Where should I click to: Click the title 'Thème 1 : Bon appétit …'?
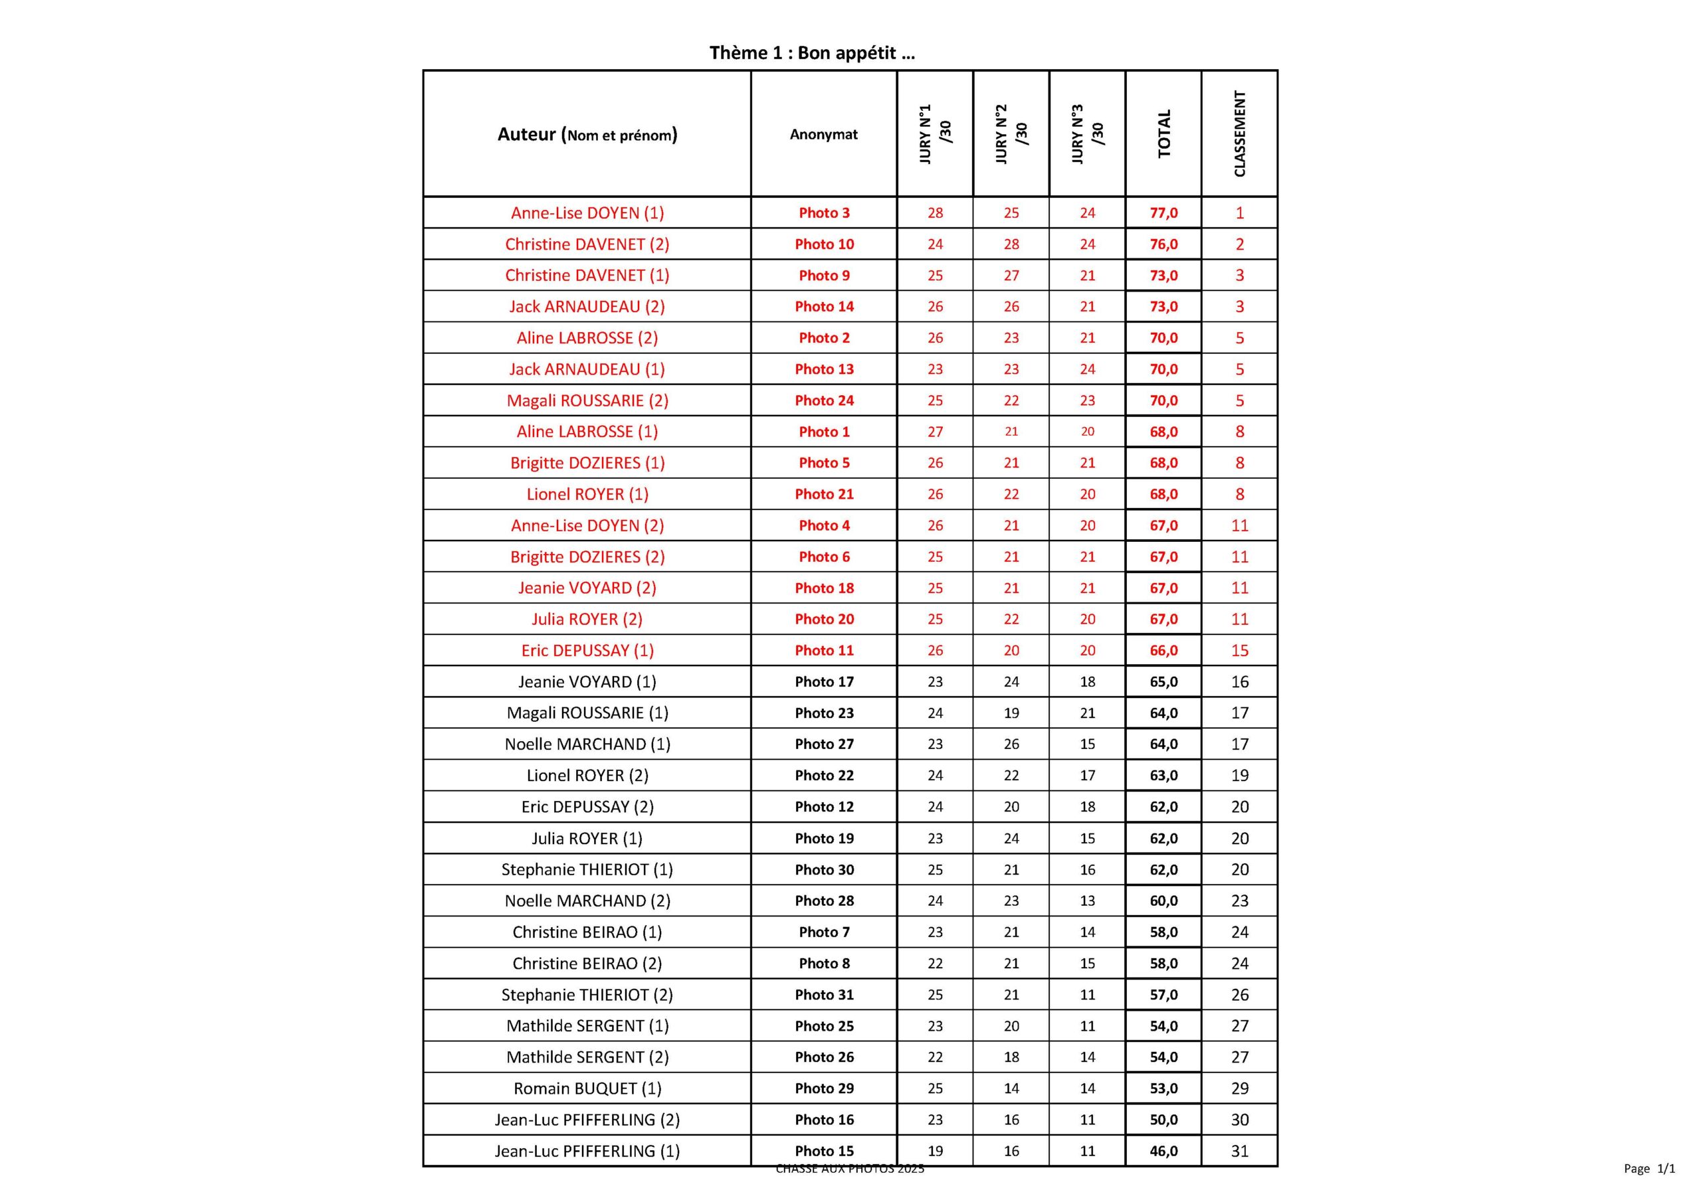pyautogui.click(x=812, y=52)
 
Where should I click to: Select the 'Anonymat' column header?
pyautogui.click(x=823, y=134)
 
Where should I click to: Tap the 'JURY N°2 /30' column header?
pyautogui.click(x=1011, y=134)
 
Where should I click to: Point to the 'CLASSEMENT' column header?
pyautogui.click(x=1239, y=134)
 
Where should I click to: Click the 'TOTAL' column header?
pyautogui.click(x=1163, y=134)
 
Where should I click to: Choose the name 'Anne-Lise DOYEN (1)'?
pyautogui.click(x=587, y=213)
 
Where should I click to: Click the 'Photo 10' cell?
pyautogui.click(x=824, y=244)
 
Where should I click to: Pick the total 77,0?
pyautogui.click(x=1163, y=213)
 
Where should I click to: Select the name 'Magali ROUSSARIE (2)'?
pyautogui.click(x=587, y=400)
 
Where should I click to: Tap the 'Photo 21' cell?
pyautogui.click(x=824, y=494)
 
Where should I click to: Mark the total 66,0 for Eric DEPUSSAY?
pyautogui.click(x=1163, y=650)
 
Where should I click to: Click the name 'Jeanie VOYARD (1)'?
pyautogui.click(x=587, y=681)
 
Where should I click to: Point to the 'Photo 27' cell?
pyautogui.click(x=824, y=744)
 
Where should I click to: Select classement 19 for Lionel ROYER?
pyautogui.click(x=1239, y=776)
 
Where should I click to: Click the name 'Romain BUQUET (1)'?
pyautogui.click(x=587, y=1088)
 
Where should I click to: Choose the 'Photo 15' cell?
pyautogui.click(x=824, y=1151)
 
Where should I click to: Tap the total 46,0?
pyautogui.click(x=1163, y=1151)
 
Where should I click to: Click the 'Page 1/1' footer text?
pyautogui.click(x=1649, y=1169)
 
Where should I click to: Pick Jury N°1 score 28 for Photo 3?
pyautogui.click(x=935, y=213)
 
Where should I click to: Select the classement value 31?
pyautogui.click(x=1239, y=1151)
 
